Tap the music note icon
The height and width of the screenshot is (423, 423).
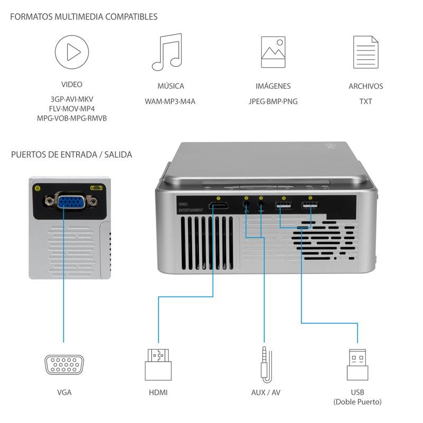click(167, 52)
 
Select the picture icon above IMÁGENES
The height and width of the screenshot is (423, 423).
click(273, 52)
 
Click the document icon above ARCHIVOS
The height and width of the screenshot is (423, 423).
click(366, 52)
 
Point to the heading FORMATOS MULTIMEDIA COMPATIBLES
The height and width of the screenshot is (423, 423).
click(84, 17)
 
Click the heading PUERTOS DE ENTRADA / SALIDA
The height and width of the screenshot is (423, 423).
click(71, 155)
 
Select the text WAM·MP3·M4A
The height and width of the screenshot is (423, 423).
click(170, 101)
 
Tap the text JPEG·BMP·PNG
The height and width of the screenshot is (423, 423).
click(273, 101)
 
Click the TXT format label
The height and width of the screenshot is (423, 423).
click(365, 101)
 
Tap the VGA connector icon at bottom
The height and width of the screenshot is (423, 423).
click(63, 365)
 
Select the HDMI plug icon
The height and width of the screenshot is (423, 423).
click(158, 364)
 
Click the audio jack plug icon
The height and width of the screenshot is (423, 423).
click(264, 364)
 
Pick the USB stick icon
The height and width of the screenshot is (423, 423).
click(357, 364)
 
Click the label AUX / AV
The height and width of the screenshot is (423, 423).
click(265, 393)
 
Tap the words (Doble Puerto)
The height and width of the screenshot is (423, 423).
click(357, 402)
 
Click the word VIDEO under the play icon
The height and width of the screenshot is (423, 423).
click(71, 84)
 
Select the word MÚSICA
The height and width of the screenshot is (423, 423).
click(170, 86)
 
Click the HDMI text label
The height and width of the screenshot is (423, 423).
click(158, 393)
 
